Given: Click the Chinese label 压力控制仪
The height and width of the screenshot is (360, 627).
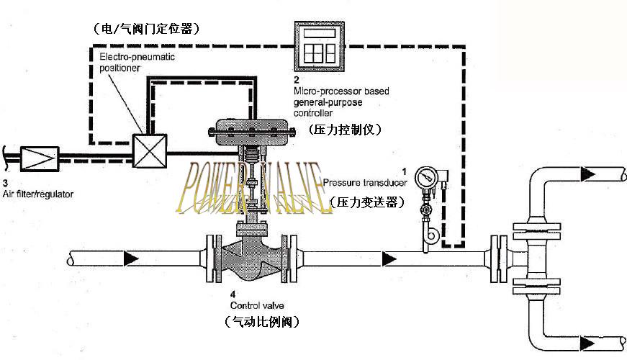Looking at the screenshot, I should [x=344, y=130].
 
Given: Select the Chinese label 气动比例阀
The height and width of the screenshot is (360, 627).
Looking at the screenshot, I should [x=262, y=321].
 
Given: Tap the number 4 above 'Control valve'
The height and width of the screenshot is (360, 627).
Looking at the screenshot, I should [x=232, y=294].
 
